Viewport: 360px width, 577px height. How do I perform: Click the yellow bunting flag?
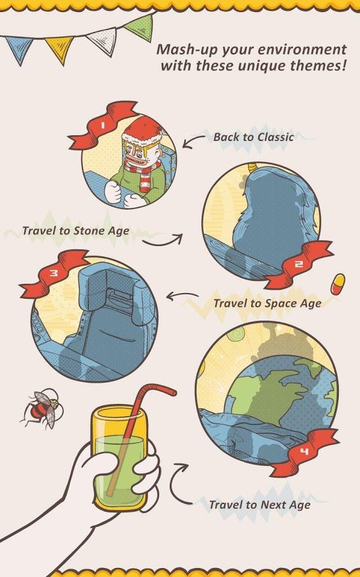tap(60, 48)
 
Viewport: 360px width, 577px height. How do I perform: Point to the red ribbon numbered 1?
tap(102, 126)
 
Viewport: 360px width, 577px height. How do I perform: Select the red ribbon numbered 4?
tap(304, 451)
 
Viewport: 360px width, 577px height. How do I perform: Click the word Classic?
tap(275, 137)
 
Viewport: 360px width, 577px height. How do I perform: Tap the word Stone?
tap(89, 231)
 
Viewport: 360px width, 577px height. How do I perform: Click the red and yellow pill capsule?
tap(338, 284)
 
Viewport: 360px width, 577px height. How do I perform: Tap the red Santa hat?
tap(143, 131)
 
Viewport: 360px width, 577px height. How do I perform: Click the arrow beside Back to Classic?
tap(193, 142)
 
